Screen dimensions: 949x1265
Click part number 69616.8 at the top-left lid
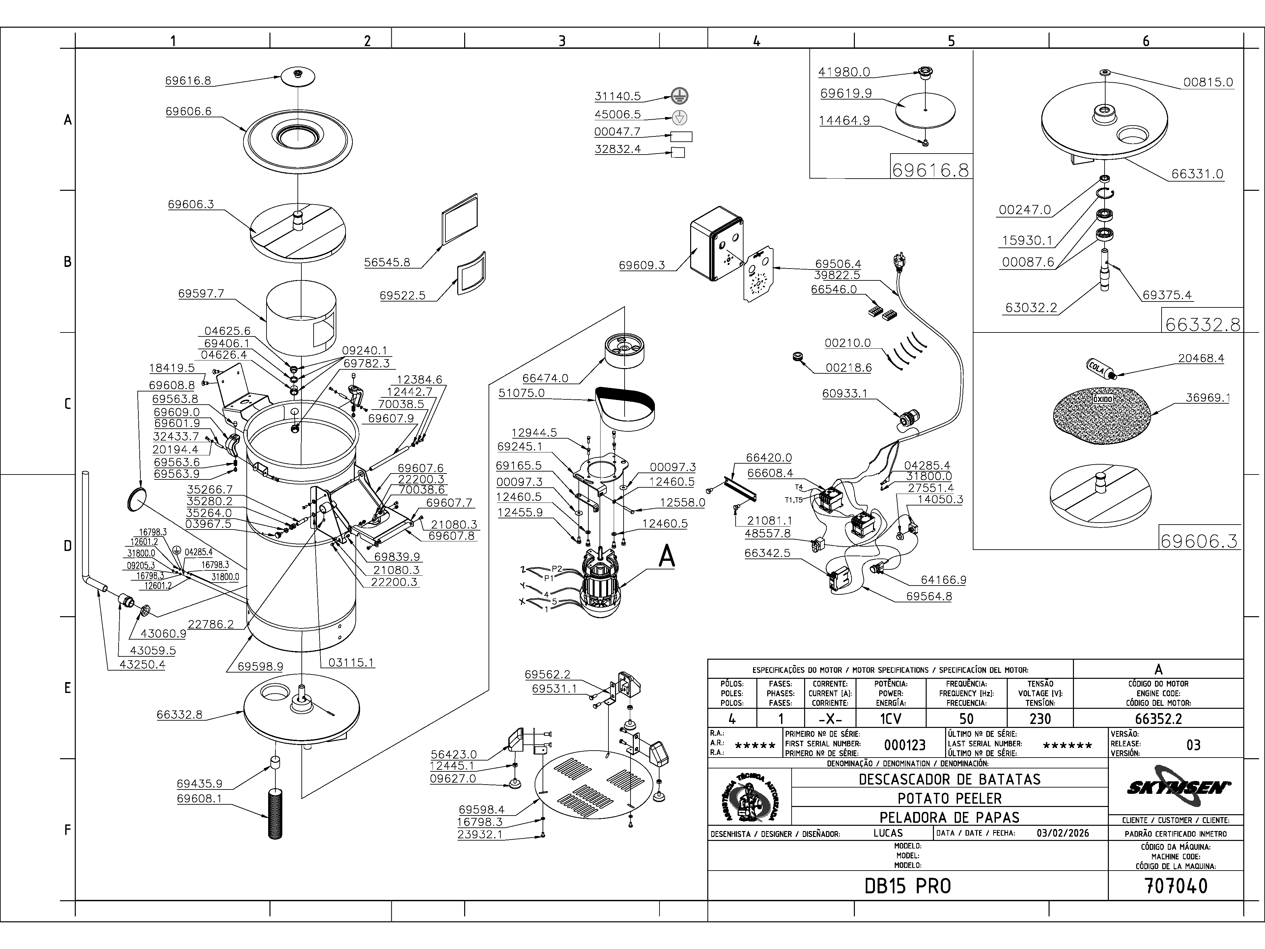[188, 81]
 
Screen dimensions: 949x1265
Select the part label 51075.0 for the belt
[521, 393]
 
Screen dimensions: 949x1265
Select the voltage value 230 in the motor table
[1040, 718]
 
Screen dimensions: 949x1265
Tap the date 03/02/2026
[1062, 833]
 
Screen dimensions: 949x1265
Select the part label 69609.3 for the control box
[642, 265]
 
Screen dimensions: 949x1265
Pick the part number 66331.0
[1197, 174]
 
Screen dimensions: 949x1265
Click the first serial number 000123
[905, 745]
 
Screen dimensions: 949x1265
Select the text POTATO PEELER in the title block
[949, 798]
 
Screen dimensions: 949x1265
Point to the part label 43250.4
[142, 665]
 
